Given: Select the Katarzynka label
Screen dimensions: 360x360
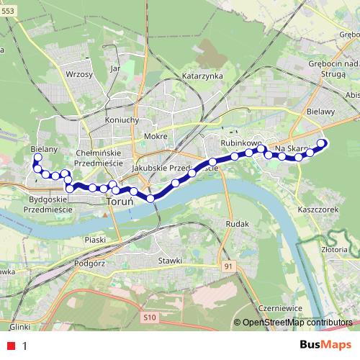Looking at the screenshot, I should (202, 76).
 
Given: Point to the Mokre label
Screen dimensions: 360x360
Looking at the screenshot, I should (156, 136).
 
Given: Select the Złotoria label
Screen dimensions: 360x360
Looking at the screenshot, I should (336, 249).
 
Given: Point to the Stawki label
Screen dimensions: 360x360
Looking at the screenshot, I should (171, 261).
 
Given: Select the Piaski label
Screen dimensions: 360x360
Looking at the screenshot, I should (95, 239).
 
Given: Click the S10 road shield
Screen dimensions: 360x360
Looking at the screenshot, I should (149, 316).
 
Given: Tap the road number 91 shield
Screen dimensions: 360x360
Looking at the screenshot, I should (229, 267).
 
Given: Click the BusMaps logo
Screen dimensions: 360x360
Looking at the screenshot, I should (326, 345).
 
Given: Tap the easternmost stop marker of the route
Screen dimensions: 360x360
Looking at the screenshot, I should (322, 143).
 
